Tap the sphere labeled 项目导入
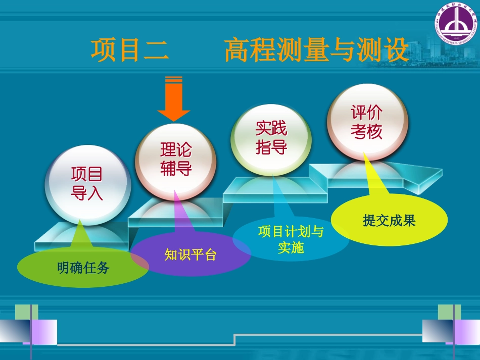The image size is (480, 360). (87, 184)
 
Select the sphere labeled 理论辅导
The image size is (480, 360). (176, 159)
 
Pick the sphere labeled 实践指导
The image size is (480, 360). (271, 138)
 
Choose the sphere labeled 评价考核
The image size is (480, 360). (367, 123)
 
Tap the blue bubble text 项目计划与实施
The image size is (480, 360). (291, 239)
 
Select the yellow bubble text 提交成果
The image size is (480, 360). (389, 221)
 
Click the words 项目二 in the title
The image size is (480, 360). (129, 50)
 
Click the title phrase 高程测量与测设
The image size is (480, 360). (316, 50)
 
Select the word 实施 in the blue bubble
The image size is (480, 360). (291, 247)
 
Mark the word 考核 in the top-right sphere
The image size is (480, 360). (367, 132)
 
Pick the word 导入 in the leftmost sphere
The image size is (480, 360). (87, 193)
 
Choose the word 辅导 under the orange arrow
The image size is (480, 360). (176, 168)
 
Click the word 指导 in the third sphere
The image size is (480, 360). (271, 147)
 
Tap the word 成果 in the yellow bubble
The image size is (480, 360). (402, 221)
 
